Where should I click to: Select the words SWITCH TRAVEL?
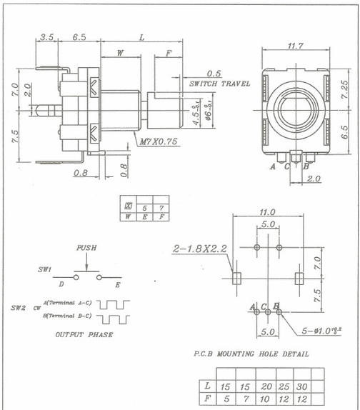219,84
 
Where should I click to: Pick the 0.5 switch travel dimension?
214,74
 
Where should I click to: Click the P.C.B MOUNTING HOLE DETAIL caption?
251,354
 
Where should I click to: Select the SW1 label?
44,271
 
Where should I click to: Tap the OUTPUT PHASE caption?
84,334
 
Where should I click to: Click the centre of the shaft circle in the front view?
294,109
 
